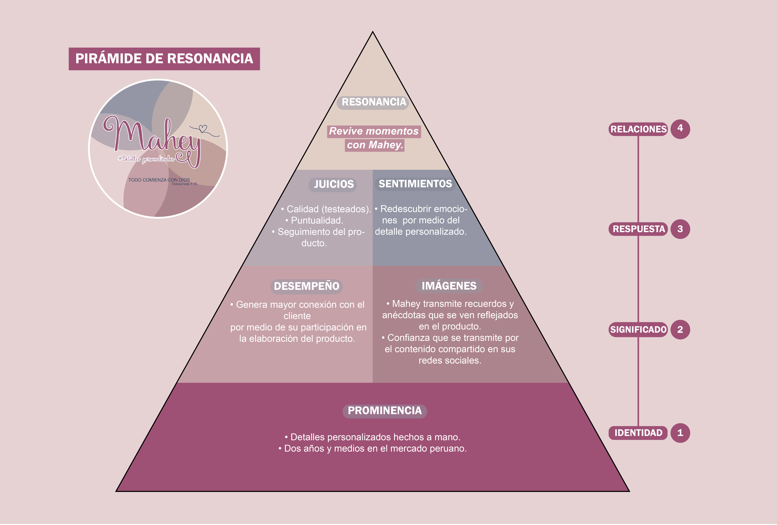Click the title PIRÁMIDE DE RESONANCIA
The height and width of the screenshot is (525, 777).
tap(164, 59)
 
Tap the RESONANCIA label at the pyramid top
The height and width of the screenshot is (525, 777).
tap(373, 102)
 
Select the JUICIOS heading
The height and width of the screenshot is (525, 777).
tap(333, 184)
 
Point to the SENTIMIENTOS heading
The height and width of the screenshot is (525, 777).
tap(415, 184)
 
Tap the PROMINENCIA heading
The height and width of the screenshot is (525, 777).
tap(385, 411)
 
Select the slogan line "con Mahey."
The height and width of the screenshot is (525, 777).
tap(374, 145)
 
